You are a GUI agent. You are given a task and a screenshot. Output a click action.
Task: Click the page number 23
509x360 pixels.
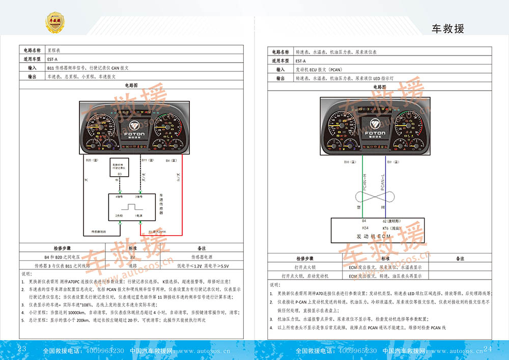point(22,349)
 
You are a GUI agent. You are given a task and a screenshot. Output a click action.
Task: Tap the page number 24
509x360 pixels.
point(488,349)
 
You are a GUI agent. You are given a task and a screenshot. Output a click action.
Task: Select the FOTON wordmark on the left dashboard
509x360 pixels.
point(134,134)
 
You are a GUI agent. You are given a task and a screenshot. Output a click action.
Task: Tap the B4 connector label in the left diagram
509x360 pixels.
point(171,160)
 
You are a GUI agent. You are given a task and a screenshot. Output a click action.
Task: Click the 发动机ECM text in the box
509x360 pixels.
point(374,237)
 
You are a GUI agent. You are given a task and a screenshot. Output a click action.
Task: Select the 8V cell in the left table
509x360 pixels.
point(133,257)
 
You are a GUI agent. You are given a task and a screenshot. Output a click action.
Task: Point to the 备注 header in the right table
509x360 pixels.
point(460,259)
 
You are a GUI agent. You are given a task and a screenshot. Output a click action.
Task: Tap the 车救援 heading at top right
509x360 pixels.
point(447,29)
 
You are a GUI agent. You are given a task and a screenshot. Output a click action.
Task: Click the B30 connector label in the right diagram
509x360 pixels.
point(347,162)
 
